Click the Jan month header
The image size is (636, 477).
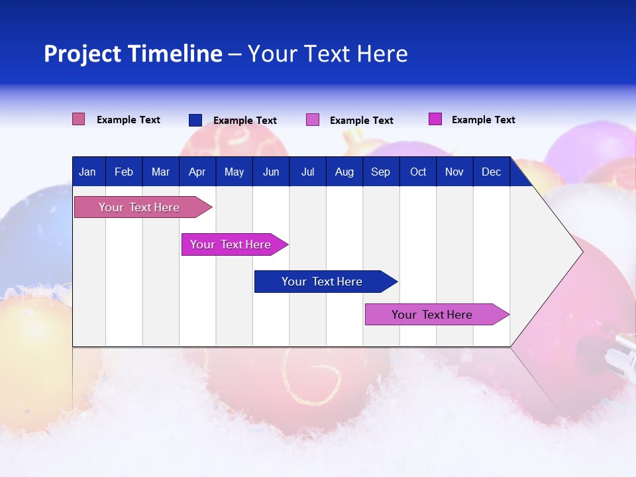(x=87, y=172)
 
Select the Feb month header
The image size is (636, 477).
(x=124, y=172)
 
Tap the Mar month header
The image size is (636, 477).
(x=160, y=172)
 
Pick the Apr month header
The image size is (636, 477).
(x=197, y=172)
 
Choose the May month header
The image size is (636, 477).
(x=234, y=172)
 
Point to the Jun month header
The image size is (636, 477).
(x=271, y=172)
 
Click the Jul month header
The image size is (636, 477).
(x=307, y=172)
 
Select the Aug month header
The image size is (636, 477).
(x=344, y=172)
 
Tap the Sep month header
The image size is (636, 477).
(x=381, y=172)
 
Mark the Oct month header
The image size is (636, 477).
(x=418, y=172)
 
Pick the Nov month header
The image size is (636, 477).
(x=454, y=172)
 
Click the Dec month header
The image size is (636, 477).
(x=492, y=172)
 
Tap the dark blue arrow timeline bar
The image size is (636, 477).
(x=323, y=282)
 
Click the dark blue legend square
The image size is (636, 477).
(x=195, y=120)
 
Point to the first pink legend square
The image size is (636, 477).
(x=79, y=119)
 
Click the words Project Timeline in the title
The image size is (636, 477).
(x=133, y=54)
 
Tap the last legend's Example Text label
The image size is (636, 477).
(x=483, y=120)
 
